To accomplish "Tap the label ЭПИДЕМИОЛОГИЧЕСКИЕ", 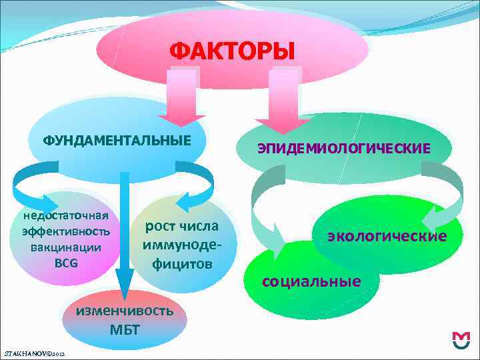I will tap(344, 148).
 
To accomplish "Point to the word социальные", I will tap(311, 281).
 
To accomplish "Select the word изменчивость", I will tap(125, 311).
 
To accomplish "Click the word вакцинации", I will tap(66, 247).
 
